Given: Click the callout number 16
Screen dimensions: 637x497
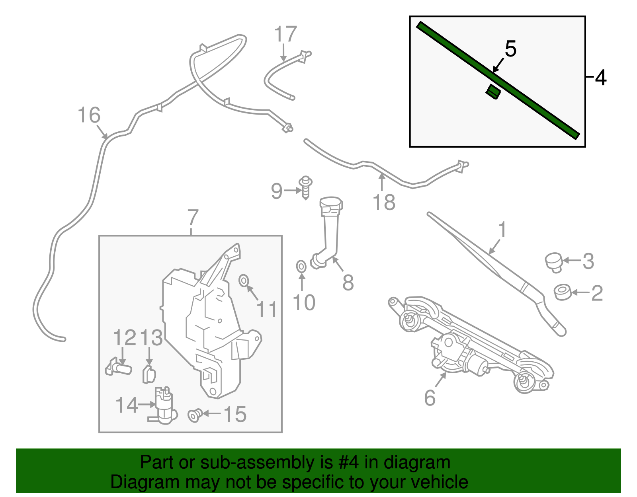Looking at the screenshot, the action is [89, 115].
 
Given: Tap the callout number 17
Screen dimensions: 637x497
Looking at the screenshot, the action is [285, 34].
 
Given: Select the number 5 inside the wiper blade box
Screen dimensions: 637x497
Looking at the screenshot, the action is [510, 49].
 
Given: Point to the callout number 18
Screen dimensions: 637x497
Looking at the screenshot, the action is [384, 202].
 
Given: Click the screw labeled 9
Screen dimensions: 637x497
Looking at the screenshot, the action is [305, 187].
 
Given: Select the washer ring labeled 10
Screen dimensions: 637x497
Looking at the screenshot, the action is [301, 267].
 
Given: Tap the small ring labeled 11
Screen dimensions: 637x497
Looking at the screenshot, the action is [244, 281].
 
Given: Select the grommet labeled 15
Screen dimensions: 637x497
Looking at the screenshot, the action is [195, 415].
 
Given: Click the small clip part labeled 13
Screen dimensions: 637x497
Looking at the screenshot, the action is [149, 374].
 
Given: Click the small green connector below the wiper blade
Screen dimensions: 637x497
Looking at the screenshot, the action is [493, 92].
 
